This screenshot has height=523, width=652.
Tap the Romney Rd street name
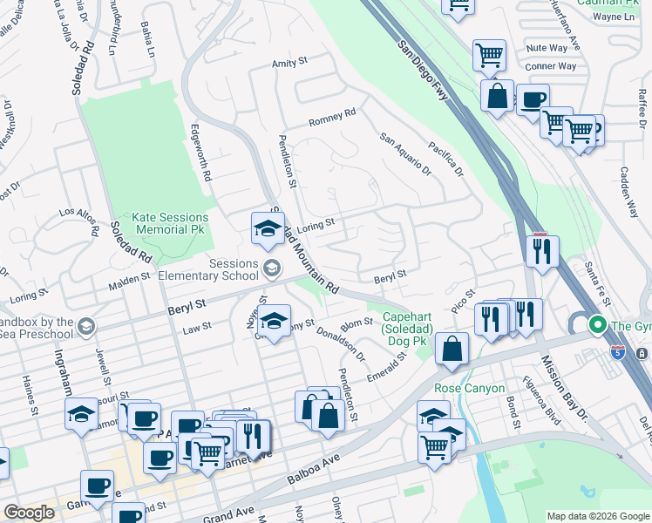pos(333,114)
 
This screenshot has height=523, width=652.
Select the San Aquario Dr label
pos(405,153)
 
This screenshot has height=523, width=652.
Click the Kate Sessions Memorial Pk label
pos(170,223)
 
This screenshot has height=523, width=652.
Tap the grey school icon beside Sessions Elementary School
pos(272,267)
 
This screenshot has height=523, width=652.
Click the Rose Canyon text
pos(469,388)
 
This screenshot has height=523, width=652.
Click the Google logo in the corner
pos(30,513)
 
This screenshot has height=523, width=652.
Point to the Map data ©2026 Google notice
pos(597,516)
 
